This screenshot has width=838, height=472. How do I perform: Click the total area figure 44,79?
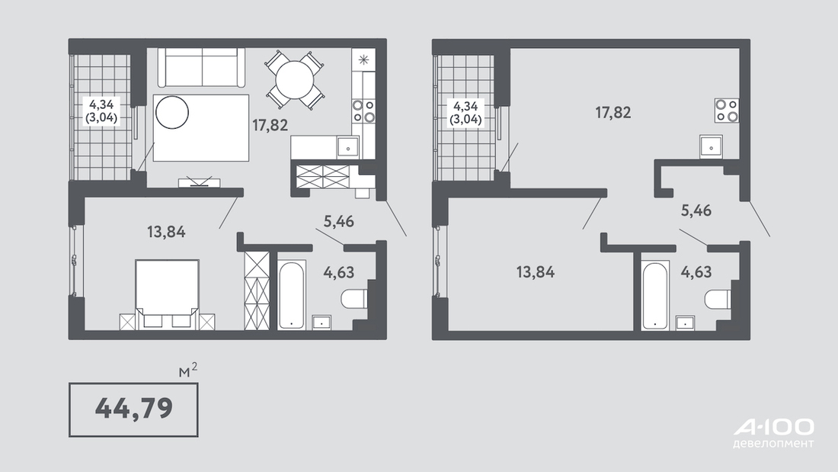[x=133, y=408]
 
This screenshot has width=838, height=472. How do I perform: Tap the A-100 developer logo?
[x=774, y=433]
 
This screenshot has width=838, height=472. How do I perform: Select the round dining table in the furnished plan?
[x=295, y=80]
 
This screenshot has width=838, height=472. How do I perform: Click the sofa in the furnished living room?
[x=201, y=67]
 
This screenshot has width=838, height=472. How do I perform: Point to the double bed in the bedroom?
[x=168, y=294]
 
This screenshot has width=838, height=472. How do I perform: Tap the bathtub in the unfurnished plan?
[x=655, y=294]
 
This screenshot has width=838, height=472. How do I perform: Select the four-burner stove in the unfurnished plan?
[x=727, y=111]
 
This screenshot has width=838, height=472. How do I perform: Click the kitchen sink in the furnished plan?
[x=348, y=146]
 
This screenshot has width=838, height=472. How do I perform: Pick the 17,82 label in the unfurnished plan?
[x=613, y=112]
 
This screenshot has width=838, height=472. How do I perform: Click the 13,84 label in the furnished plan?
[x=166, y=232]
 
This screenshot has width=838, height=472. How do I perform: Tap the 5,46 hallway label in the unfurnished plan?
[x=696, y=210]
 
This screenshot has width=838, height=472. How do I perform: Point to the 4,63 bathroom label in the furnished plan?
[x=338, y=272]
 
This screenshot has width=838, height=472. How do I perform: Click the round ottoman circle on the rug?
[x=172, y=112]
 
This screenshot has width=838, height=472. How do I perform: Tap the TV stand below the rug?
[x=200, y=183]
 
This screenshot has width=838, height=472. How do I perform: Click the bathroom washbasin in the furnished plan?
[x=321, y=322]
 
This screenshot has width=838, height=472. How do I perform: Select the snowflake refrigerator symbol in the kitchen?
[x=363, y=60]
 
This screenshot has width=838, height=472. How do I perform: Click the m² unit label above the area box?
[x=188, y=371]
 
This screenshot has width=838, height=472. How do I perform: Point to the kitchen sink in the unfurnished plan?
[x=712, y=146]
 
